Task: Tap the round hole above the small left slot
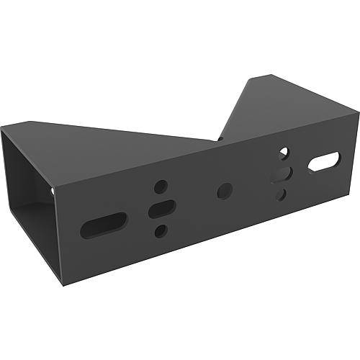click(x=161, y=186)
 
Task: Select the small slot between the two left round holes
click(x=162, y=209)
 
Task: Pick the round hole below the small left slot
click(x=161, y=230)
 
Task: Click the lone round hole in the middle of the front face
click(x=225, y=191)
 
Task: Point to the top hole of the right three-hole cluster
click(x=284, y=153)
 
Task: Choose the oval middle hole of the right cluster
click(x=282, y=174)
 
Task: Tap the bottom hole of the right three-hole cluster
click(x=282, y=194)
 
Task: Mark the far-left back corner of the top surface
click(x=2, y=127)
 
